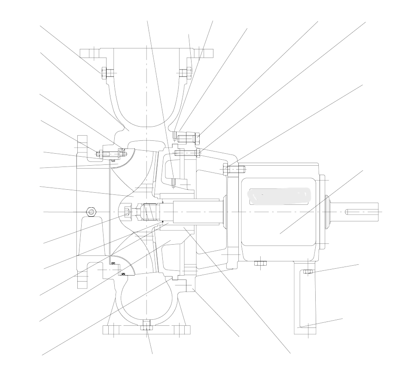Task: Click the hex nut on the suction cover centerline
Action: pos(91,212)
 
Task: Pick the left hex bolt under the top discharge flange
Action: pos(106,73)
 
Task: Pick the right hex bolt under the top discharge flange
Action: pos(185,73)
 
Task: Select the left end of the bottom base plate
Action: pos(110,330)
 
